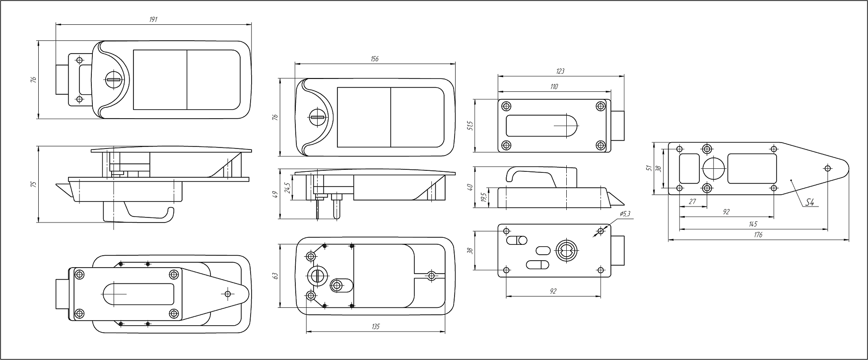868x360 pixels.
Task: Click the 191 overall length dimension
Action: tap(153, 19)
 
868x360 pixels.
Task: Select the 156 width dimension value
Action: tap(375, 59)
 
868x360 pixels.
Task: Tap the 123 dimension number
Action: tap(560, 72)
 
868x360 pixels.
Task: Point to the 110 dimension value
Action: tap(554, 87)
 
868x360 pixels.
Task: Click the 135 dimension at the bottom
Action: tap(376, 327)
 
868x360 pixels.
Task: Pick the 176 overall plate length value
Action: tap(758, 235)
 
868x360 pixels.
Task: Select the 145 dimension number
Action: tap(753, 224)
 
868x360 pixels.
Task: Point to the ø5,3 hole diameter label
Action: tap(625, 214)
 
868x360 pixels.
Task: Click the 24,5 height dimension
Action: tap(287, 188)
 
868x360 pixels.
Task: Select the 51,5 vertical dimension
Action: tap(470, 126)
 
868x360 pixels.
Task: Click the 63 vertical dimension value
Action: tap(275, 276)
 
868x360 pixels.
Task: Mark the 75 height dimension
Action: tap(33, 184)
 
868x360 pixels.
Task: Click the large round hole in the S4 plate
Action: tap(714, 168)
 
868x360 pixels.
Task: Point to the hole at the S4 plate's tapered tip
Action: tap(827, 168)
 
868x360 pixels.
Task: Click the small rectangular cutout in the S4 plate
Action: tap(688, 168)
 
